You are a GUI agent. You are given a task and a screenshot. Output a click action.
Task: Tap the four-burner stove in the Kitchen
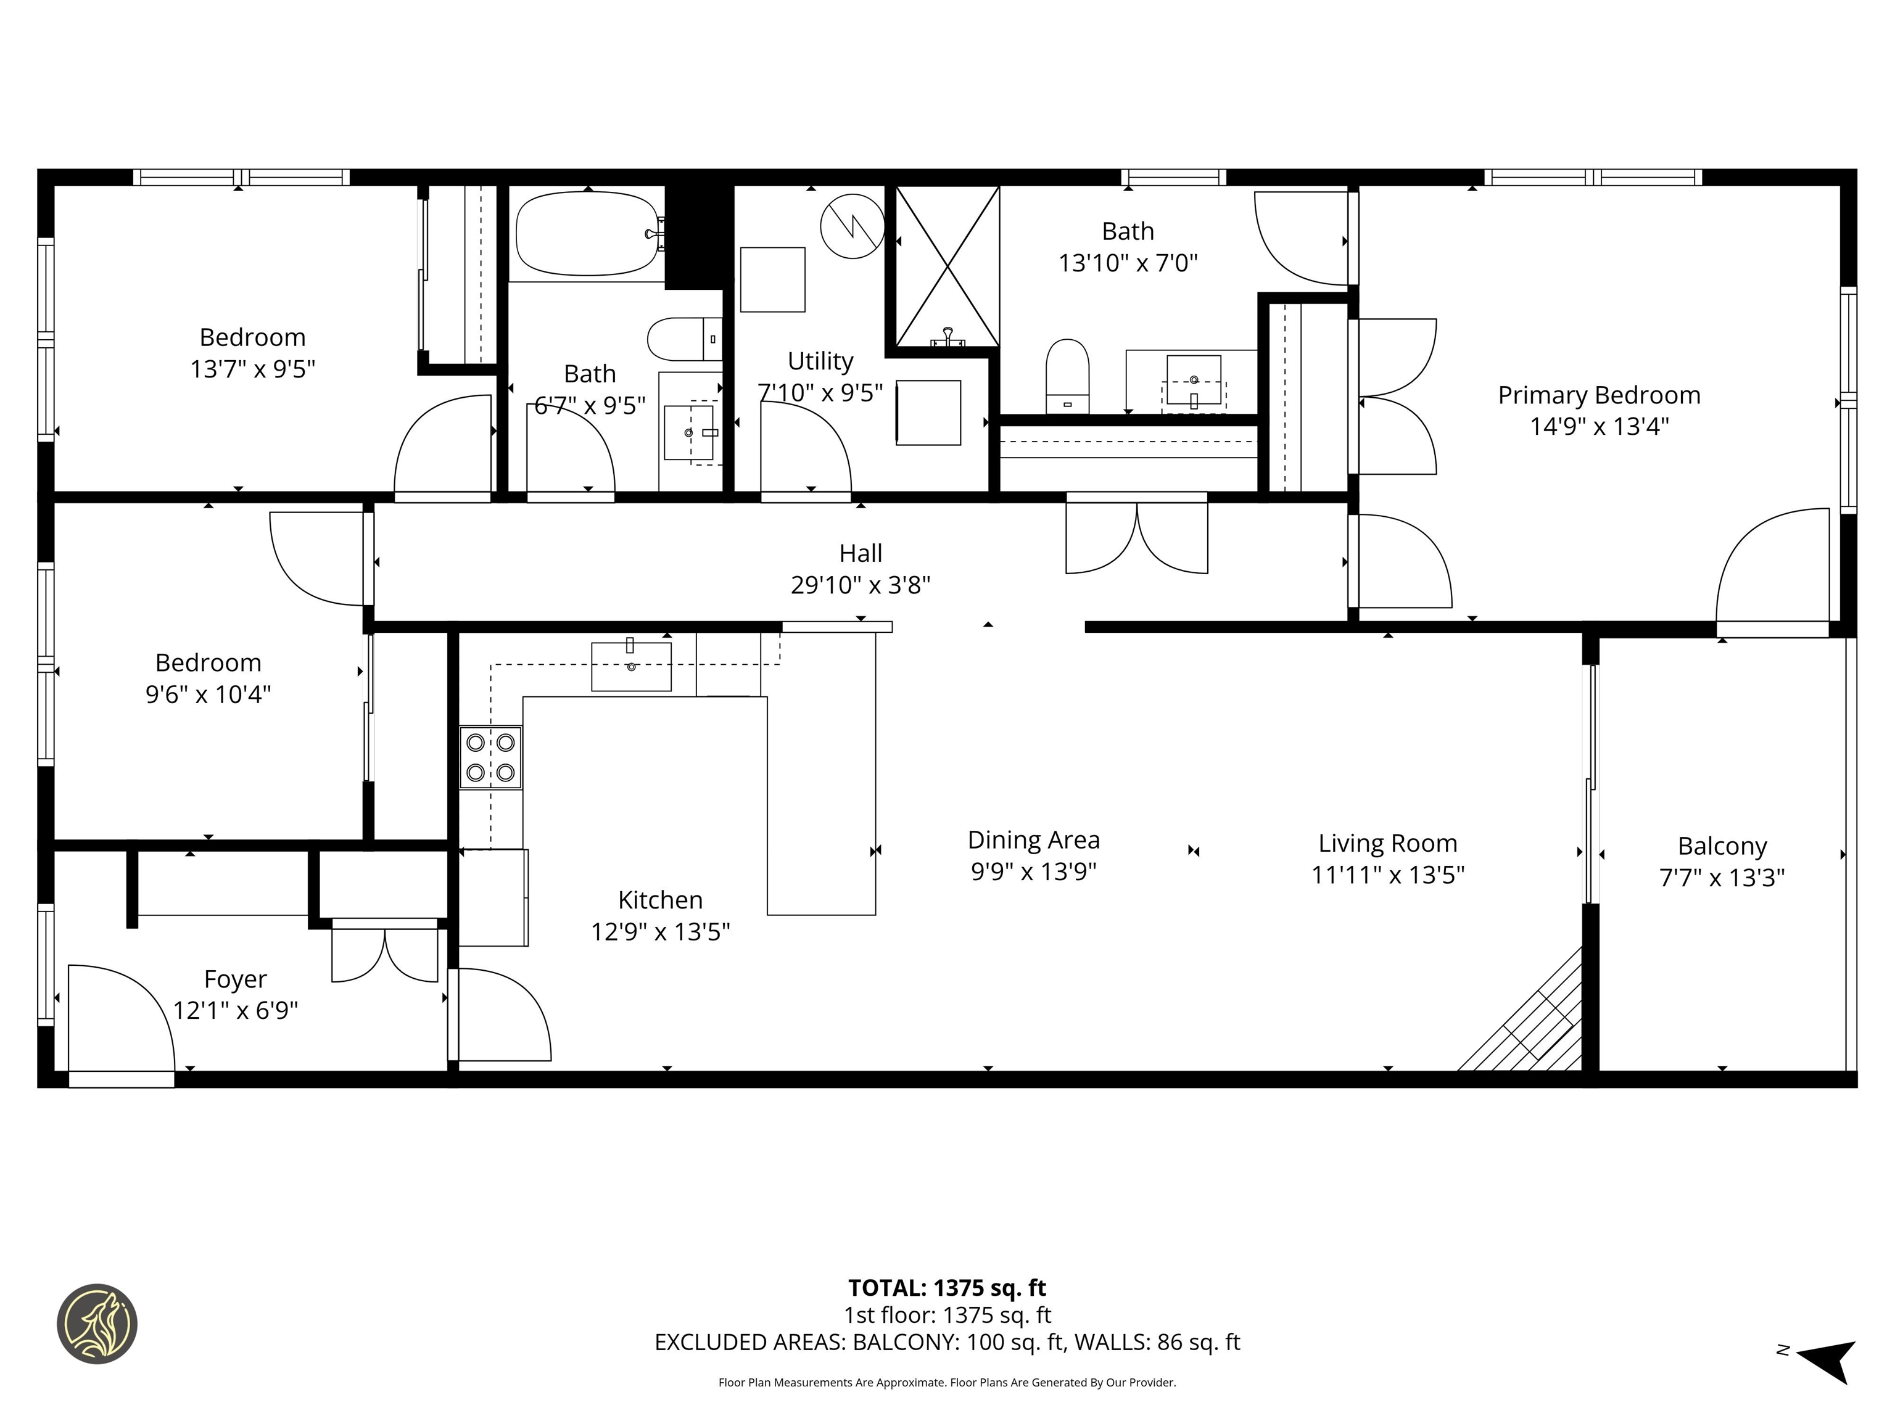click(x=490, y=757)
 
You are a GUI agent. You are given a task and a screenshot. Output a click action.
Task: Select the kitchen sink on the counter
click(x=632, y=666)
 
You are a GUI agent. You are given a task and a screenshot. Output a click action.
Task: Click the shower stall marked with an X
click(x=947, y=266)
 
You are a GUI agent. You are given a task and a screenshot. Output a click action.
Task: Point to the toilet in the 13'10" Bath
click(x=1067, y=375)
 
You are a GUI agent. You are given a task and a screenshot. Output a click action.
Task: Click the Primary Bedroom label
click(x=1598, y=396)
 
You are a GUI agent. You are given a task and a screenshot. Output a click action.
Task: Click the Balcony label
click(x=1722, y=846)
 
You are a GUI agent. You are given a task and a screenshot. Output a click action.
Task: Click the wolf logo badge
click(x=97, y=1324)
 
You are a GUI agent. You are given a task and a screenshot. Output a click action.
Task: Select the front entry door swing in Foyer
click(x=120, y=1019)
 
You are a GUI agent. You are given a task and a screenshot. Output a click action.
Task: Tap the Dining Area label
click(x=1033, y=840)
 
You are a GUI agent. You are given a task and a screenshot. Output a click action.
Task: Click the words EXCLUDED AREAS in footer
click(x=749, y=1342)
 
